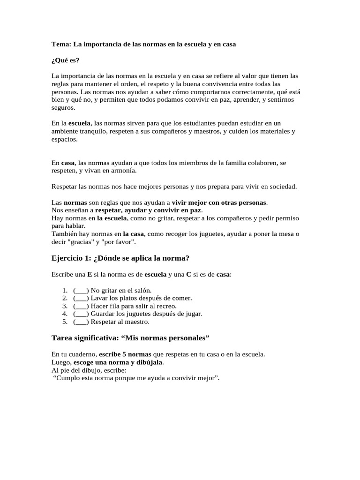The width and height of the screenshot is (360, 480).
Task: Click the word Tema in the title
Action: [x=60, y=44]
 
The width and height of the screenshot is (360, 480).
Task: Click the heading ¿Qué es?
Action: [x=65, y=60]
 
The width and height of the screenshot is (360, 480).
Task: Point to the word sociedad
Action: [x=280, y=187]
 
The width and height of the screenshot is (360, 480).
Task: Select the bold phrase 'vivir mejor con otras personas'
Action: [x=219, y=202]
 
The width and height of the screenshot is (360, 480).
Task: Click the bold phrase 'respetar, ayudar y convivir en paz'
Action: [x=148, y=210]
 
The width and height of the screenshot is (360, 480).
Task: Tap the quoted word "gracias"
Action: [x=82, y=242]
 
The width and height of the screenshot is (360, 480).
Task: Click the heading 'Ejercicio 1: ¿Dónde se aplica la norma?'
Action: [x=120, y=258]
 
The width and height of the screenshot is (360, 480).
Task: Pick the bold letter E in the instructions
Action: [x=89, y=274]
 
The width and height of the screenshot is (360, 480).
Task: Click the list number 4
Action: [x=65, y=314]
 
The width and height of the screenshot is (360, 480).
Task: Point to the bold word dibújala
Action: [x=149, y=362]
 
